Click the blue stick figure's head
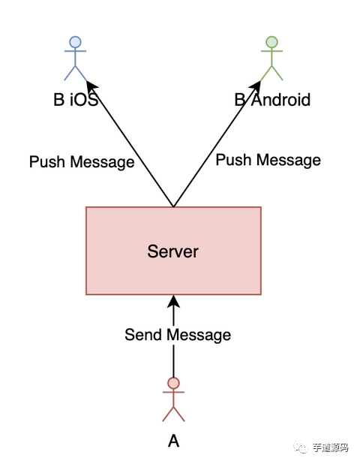(75, 42)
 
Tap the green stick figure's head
(271, 42)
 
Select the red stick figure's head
(173, 383)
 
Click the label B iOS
(76, 99)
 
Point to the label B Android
(272, 99)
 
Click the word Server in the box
(173, 252)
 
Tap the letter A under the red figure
(173, 441)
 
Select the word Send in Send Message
(143, 335)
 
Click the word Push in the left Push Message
(47, 161)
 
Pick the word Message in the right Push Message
(289, 161)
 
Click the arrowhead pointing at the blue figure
(91, 86)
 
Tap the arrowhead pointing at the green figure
(255, 86)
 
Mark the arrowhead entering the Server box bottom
(173, 301)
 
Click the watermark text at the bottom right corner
(331, 448)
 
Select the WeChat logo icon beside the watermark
(301, 448)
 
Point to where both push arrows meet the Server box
(173, 206)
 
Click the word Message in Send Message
(199, 336)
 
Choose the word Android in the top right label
(280, 99)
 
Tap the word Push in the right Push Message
(233, 160)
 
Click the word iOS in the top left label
(84, 99)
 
